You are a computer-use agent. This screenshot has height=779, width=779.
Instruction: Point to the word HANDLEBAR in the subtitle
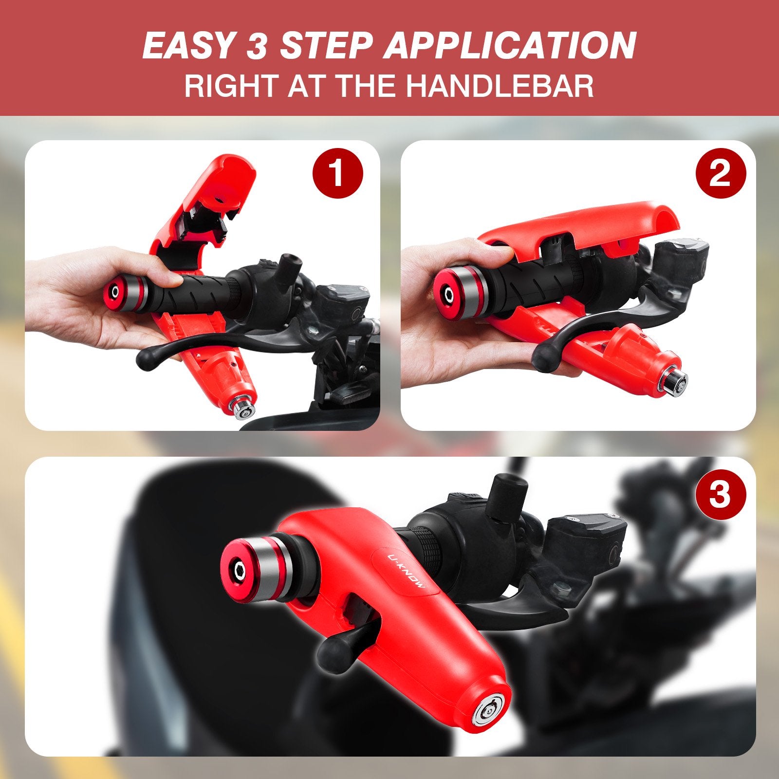(x=500, y=86)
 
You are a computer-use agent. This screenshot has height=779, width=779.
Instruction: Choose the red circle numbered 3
(x=720, y=494)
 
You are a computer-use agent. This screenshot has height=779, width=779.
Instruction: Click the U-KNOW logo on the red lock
(x=407, y=570)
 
